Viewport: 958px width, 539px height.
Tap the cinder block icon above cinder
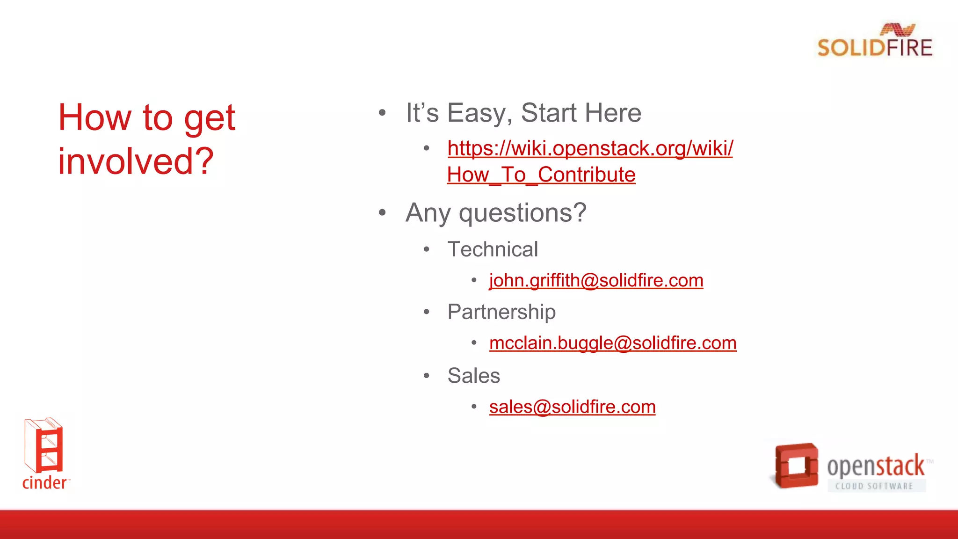[x=44, y=445]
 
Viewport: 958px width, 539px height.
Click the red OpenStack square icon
[x=796, y=466]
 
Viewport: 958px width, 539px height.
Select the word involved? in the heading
[x=136, y=161]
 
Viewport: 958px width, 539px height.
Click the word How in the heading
[x=95, y=117]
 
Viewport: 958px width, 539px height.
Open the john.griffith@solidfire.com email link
[x=596, y=280]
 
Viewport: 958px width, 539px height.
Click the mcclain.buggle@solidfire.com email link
[x=613, y=343]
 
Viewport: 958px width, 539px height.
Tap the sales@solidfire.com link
[x=572, y=407]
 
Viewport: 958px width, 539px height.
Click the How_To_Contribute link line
[x=541, y=175]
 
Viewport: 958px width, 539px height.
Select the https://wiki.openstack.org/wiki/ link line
[x=590, y=148]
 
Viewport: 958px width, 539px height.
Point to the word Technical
[x=493, y=249]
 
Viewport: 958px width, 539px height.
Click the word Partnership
[x=501, y=312]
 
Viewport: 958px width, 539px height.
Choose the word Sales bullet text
[x=473, y=375]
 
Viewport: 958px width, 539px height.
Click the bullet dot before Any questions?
[x=382, y=213]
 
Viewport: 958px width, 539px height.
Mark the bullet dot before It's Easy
[x=382, y=113]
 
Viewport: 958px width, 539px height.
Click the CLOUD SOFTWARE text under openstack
[x=874, y=486]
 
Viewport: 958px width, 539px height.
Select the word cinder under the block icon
[x=44, y=482]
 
